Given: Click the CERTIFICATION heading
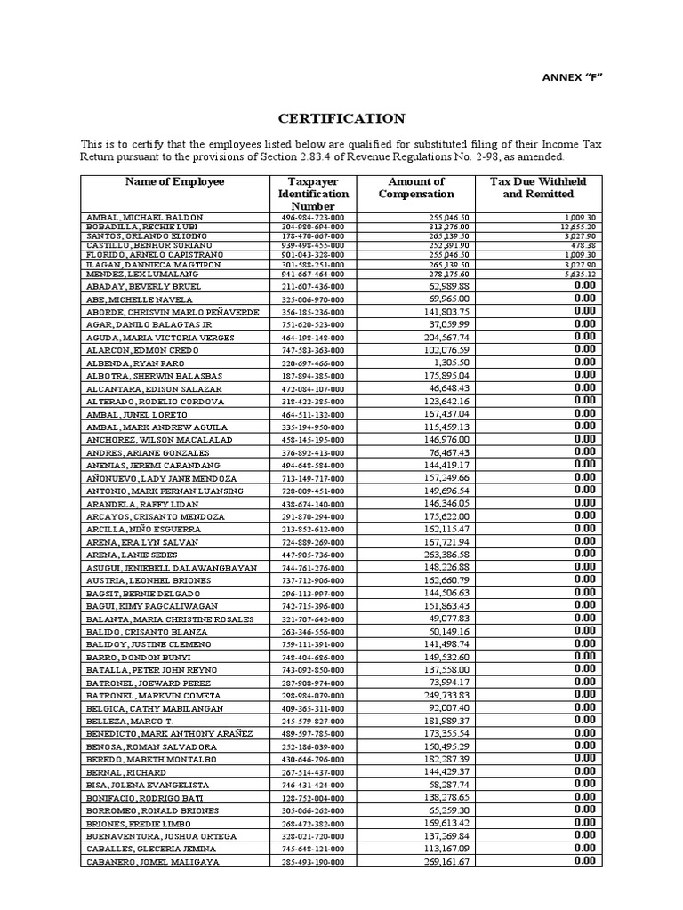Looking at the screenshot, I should click(x=342, y=118).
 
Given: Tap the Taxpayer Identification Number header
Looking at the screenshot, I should click(x=313, y=194).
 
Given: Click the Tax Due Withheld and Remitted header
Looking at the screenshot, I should click(x=538, y=188).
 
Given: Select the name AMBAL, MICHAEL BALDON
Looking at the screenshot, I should click(x=144, y=217).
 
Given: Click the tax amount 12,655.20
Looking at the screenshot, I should click(x=578, y=226).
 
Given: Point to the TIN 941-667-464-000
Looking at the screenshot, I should click(x=312, y=274).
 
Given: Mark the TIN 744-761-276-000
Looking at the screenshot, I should click(x=312, y=567).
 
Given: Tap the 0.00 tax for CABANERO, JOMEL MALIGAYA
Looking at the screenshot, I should click(x=583, y=861).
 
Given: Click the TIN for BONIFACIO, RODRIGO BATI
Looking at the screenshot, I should click(x=312, y=798).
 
